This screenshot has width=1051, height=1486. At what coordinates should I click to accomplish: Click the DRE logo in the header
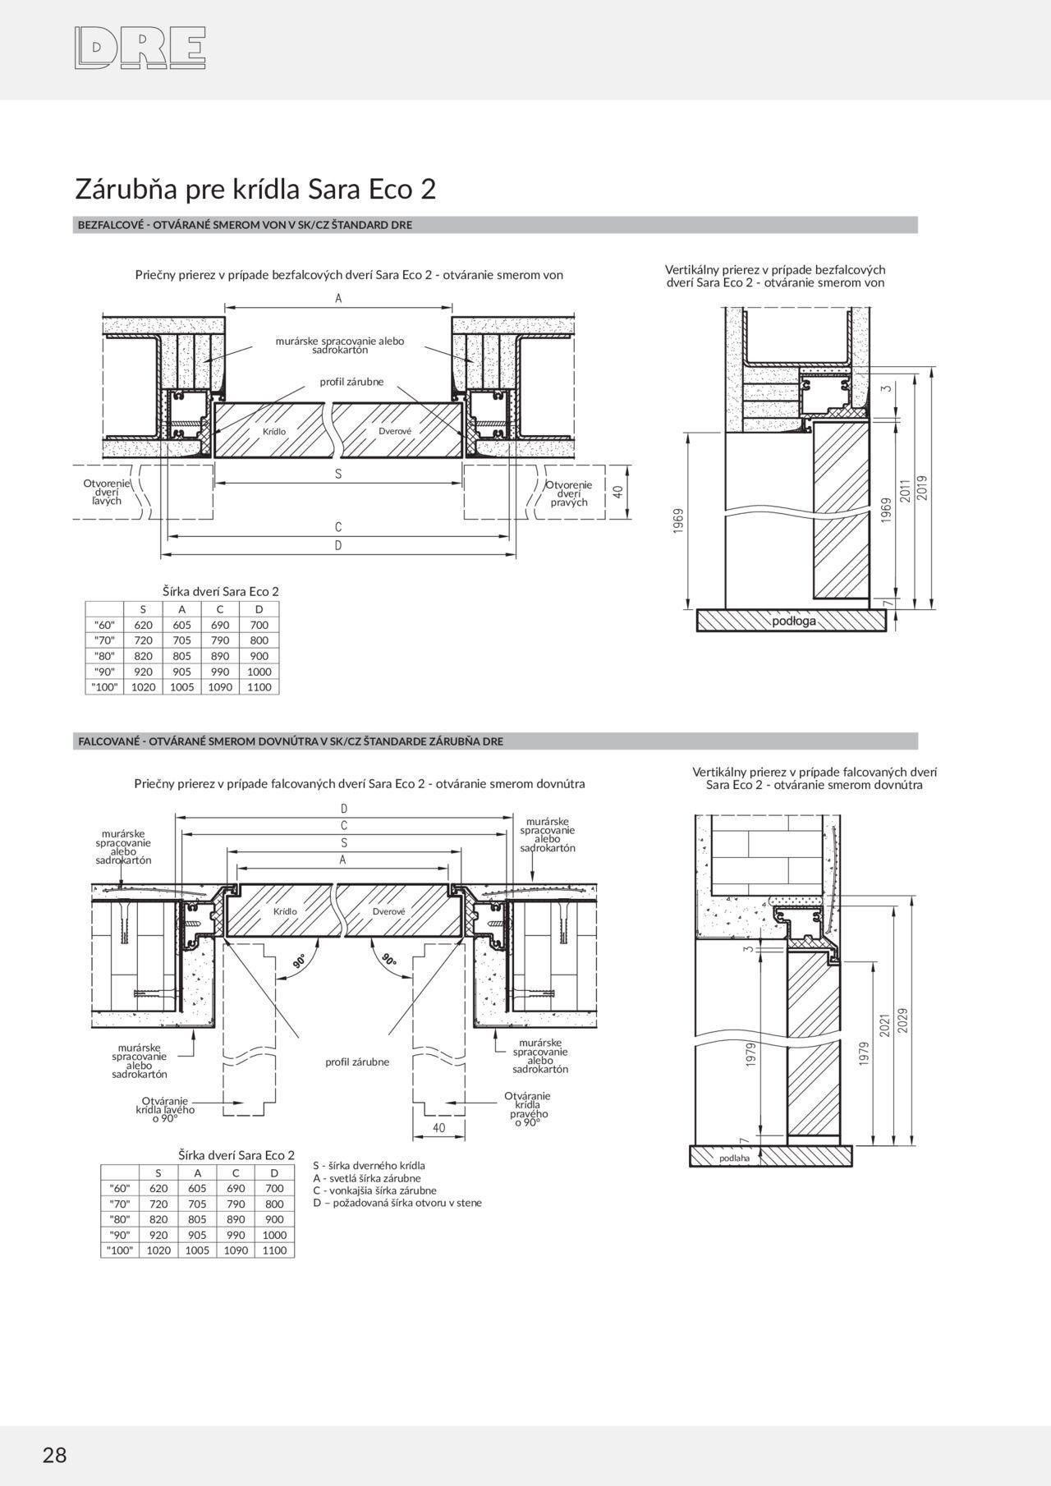[x=139, y=47]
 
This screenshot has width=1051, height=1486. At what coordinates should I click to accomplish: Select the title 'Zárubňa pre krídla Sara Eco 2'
[x=255, y=189]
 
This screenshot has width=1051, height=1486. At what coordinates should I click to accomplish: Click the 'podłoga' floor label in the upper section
[x=794, y=621]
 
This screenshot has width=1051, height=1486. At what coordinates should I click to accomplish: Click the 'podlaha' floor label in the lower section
[x=734, y=1158]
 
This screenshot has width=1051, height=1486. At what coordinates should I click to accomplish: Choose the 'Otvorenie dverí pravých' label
[x=569, y=493]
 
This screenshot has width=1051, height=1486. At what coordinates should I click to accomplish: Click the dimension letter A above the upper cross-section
[x=338, y=299]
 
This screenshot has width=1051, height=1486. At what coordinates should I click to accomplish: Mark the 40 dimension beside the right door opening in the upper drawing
[x=618, y=492]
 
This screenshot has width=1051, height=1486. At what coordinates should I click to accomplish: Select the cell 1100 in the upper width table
[x=259, y=686]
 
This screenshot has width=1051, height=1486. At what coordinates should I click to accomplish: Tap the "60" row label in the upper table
[x=104, y=625]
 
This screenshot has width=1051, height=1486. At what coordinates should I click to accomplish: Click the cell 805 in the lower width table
[x=197, y=1219]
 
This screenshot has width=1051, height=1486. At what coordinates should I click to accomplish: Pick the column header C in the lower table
[x=236, y=1172]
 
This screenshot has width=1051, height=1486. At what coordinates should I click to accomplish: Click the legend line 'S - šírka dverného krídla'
[x=369, y=1165]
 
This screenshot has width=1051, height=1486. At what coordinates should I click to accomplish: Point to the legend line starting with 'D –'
[x=397, y=1203]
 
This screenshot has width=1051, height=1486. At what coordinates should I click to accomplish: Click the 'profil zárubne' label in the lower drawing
[x=357, y=1062]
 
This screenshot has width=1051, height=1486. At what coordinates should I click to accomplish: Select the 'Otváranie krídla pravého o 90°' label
[x=527, y=1108]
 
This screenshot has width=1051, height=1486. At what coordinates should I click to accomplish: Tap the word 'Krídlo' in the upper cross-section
[x=274, y=431]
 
